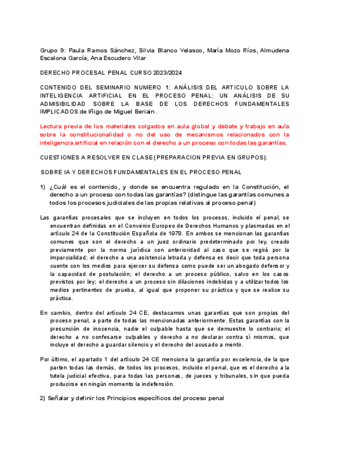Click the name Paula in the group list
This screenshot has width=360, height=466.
[x=78, y=50]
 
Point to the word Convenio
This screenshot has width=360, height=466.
[x=157, y=225]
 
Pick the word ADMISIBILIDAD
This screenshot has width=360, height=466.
[x=63, y=104]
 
